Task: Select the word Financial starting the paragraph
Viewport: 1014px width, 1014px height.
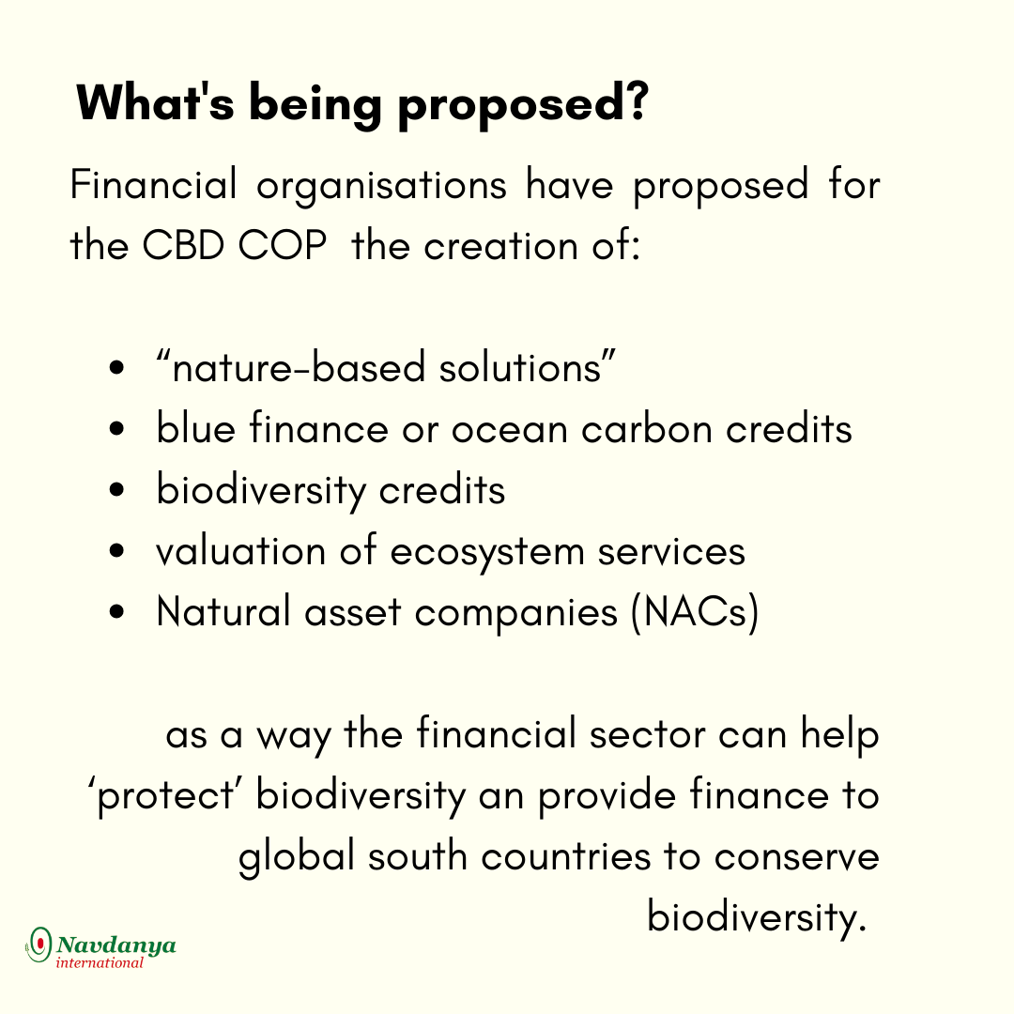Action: pyautogui.click(x=153, y=184)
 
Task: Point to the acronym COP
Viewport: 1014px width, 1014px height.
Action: pyautogui.click(x=282, y=246)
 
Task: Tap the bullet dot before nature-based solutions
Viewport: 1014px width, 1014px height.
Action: pyautogui.click(x=116, y=368)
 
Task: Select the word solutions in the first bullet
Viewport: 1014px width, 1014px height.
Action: pyautogui.click(x=520, y=367)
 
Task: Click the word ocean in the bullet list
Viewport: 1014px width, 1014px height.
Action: pyautogui.click(x=510, y=431)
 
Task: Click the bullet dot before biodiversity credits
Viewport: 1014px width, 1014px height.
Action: pyautogui.click(x=116, y=489)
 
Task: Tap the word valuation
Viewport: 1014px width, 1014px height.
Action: pyautogui.click(x=240, y=552)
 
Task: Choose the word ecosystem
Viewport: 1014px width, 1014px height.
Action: pyautogui.click(x=487, y=555)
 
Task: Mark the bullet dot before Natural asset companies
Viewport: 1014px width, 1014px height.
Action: pyautogui.click(x=116, y=612)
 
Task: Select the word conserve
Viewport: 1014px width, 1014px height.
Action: pyautogui.click(x=797, y=857)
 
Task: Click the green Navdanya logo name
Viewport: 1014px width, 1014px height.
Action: pyautogui.click(x=116, y=945)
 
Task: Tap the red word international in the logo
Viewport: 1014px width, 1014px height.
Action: pyautogui.click(x=100, y=963)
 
